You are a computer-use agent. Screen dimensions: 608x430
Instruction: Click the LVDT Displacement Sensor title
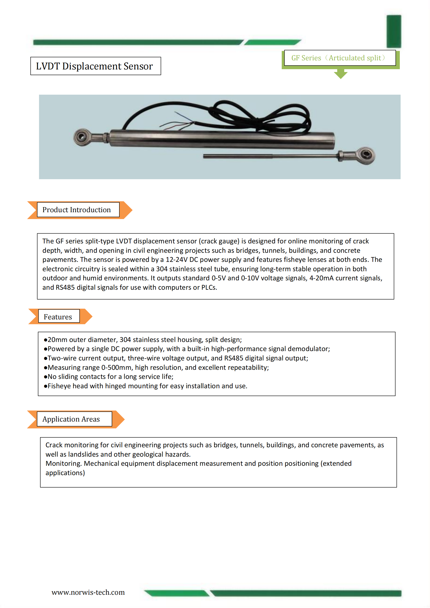tap(94, 66)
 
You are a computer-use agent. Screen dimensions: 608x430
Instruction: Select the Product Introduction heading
tap(76, 210)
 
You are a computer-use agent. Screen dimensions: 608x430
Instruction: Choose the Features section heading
tap(58, 317)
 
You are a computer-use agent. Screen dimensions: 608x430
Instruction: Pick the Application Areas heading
tap(71, 419)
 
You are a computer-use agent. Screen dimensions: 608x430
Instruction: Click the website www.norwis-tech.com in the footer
tap(88, 592)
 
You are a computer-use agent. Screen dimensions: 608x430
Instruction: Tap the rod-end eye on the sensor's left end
tap(82, 137)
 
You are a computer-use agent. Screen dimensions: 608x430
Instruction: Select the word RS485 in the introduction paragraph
tap(65, 288)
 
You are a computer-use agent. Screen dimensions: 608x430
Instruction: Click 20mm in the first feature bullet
tap(57, 340)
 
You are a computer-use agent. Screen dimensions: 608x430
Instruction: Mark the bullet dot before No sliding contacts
tap(46, 377)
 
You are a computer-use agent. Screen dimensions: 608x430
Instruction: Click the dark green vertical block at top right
tap(394, 31)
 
